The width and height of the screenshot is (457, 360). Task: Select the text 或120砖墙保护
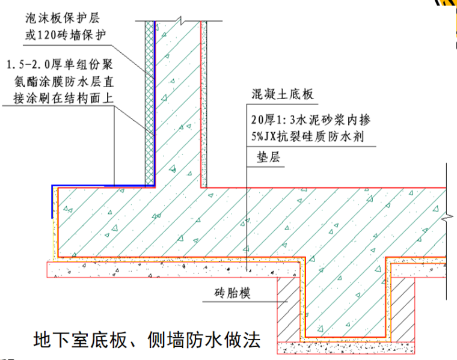[x=66, y=34]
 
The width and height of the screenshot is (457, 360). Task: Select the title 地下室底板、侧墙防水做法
[x=147, y=341]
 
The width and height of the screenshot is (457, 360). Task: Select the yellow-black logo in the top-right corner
[x=445, y=3]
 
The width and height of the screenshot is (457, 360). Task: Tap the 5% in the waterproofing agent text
[x=260, y=136]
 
